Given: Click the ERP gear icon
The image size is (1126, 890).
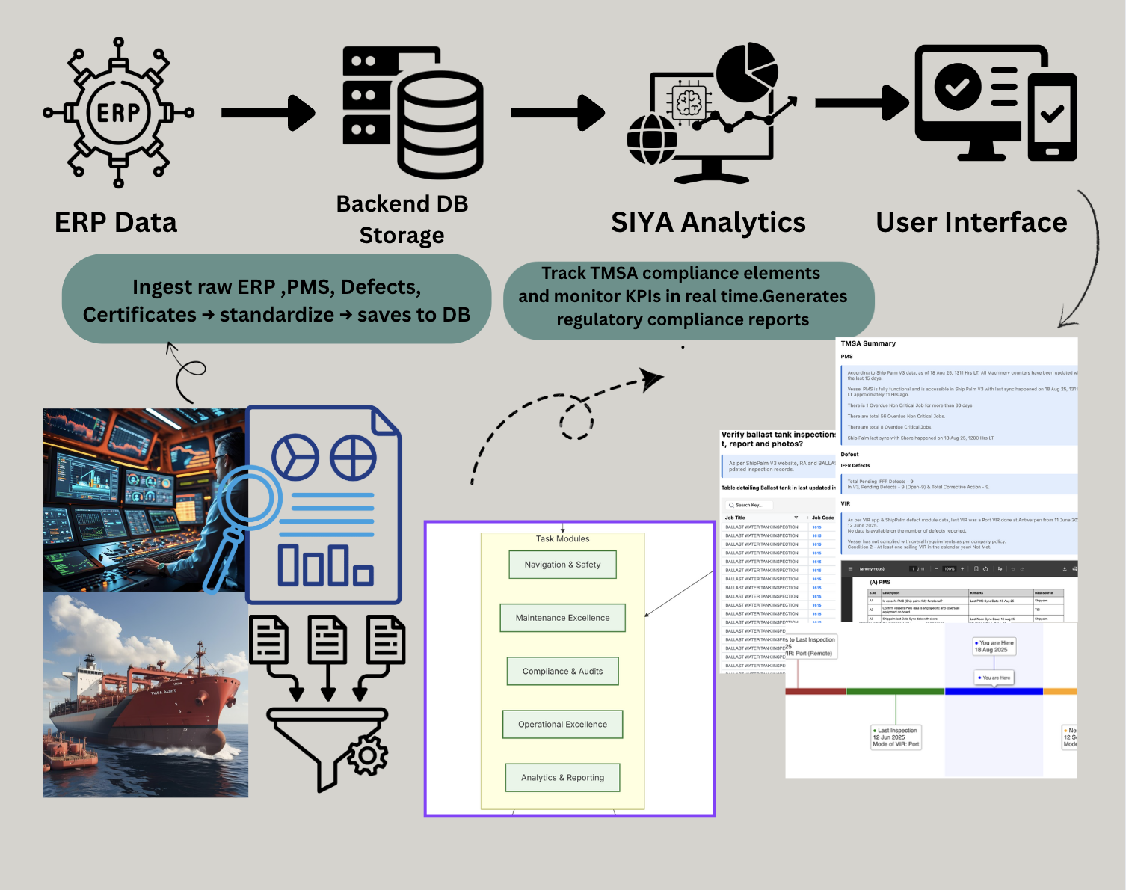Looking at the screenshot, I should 118,113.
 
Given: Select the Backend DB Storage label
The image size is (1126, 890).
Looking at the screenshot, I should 402,219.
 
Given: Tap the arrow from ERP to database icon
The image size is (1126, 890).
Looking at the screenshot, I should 268,113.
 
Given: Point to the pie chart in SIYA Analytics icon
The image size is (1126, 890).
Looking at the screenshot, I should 747,73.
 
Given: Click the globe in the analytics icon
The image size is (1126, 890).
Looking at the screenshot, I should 652,139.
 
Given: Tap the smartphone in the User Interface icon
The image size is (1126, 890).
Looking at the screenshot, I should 1052,117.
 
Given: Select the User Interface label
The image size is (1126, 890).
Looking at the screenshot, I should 971,223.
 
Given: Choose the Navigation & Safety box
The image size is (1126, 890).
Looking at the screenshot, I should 562,565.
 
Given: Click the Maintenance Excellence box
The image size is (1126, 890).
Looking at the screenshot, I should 562,618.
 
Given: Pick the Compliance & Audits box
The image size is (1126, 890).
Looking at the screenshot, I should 562,672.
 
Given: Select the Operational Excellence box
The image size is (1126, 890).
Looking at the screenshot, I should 562,725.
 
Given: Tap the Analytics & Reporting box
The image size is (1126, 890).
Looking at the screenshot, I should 562,778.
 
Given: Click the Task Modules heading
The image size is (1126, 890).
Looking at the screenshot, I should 562,539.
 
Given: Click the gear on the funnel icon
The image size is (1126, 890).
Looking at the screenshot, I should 366,756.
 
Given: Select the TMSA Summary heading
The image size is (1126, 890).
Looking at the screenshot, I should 868,344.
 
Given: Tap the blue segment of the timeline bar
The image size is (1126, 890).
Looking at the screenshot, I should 994,692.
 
